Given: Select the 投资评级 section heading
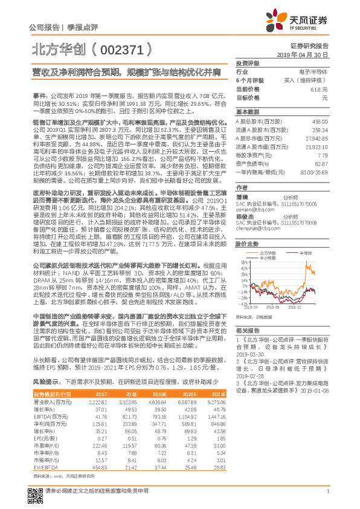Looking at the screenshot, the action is click(x=247, y=63).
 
